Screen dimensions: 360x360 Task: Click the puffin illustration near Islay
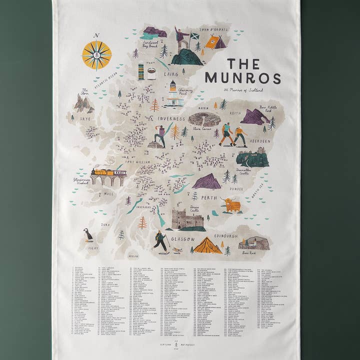pyautogui.click(x=88, y=234)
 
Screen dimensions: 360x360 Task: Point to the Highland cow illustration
pyautogui.click(x=231, y=204)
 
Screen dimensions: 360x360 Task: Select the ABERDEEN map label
pyautogui.click(x=257, y=141)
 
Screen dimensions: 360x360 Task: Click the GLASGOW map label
pyautogui.click(x=183, y=239)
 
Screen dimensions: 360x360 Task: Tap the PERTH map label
pyautogui.click(x=208, y=197)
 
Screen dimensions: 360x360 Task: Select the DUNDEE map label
pyautogui.click(x=236, y=189)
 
